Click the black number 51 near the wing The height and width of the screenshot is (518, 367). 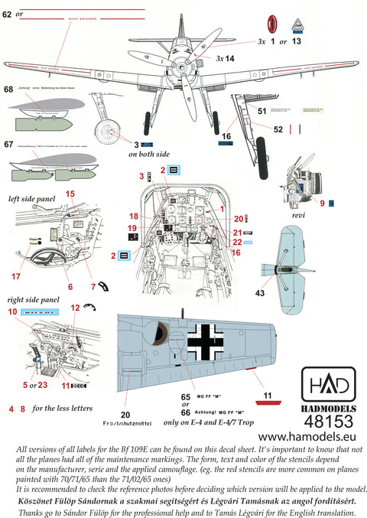[261, 112]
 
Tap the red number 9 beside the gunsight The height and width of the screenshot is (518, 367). [322, 203]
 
